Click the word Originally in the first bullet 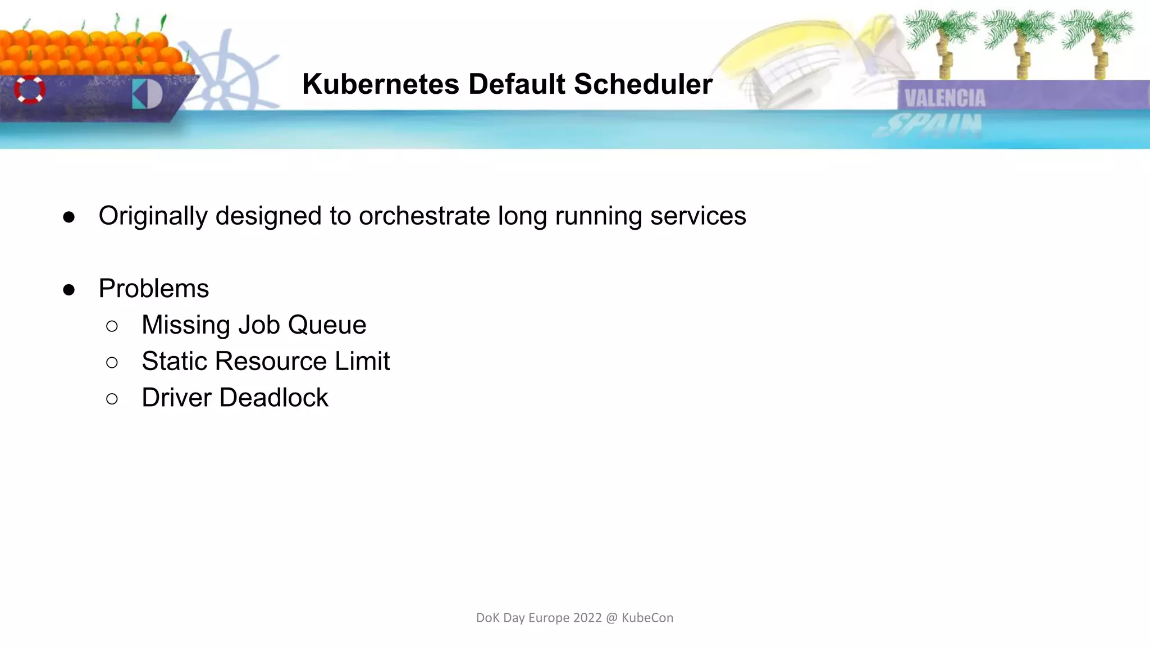[x=153, y=216]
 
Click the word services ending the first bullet [x=698, y=216]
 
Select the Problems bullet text [x=153, y=289]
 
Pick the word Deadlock [x=273, y=398]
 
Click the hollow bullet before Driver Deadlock [x=112, y=399]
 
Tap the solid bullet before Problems [x=69, y=290]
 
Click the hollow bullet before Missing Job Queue [x=112, y=326]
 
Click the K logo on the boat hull [x=147, y=94]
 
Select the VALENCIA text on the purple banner [x=945, y=98]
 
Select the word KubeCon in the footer [x=647, y=618]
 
